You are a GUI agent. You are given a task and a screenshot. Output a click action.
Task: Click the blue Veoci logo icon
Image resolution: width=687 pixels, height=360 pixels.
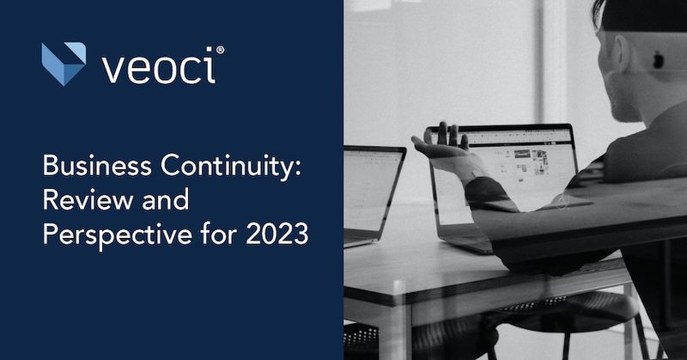(x=64, y=64)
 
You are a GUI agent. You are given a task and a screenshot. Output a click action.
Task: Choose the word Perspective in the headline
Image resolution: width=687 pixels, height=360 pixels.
(x=108, y=234)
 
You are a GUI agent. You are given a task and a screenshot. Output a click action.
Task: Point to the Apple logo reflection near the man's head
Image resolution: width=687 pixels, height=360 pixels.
(x=659, y=60)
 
